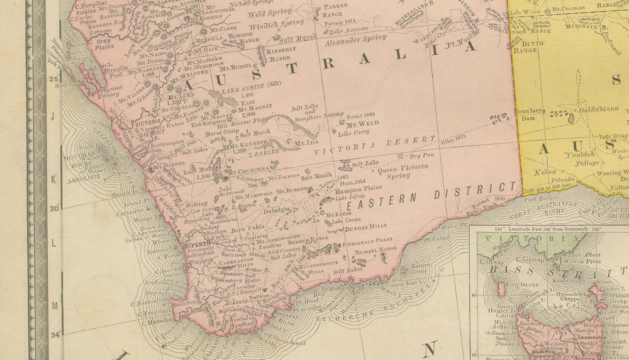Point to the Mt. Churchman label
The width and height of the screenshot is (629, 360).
tap(252, 169)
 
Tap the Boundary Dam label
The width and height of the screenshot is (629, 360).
tap(528, 114)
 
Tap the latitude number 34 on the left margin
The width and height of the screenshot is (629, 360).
tap(55, 335)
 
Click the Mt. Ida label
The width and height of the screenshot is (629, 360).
tap(305, 143)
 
